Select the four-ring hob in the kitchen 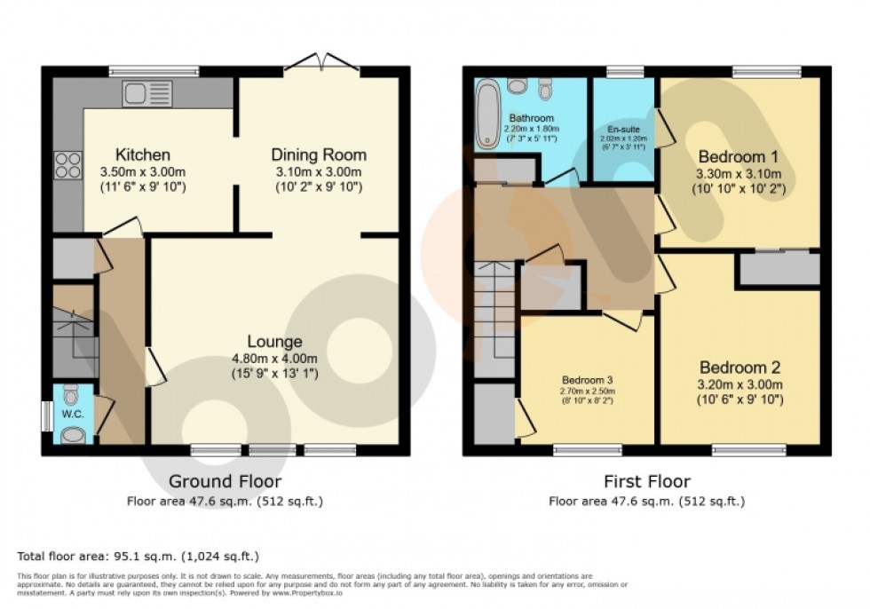point(67,165)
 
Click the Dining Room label point(319,154)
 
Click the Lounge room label point(274,341)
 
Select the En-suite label point(625,129)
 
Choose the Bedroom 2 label point(739,368)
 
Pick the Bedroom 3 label point(586,379)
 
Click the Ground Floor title point(225,482)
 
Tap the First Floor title point(645,482)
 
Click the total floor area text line point(138,557)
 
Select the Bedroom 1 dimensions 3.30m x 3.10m point(739,173)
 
